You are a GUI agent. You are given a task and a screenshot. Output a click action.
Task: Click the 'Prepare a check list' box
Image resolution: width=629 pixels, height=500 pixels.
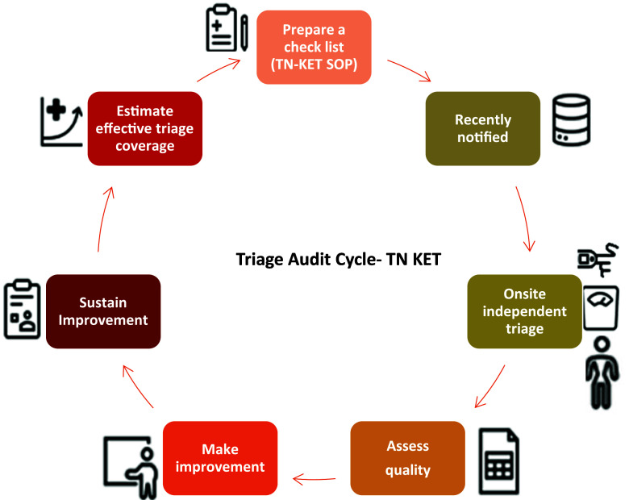click(x=314, y=46)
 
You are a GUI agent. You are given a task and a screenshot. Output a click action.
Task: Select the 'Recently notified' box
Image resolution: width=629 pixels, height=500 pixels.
click(x=482, y=129)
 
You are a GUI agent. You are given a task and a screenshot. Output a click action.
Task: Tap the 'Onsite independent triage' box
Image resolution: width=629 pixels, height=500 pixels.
click(x=524, y=312)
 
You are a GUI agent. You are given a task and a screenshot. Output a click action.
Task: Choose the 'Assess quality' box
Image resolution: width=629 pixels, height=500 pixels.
click(x=407, y=457)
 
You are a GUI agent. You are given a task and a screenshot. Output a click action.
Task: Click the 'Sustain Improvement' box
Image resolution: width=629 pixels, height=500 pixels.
click(x=103, y=311)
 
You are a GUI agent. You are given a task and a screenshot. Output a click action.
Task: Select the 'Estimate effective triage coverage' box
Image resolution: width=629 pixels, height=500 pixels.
click(x=144, y=129)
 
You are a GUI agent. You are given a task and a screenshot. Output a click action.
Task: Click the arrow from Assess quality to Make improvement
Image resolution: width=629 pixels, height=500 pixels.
click(x=314, y=478)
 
